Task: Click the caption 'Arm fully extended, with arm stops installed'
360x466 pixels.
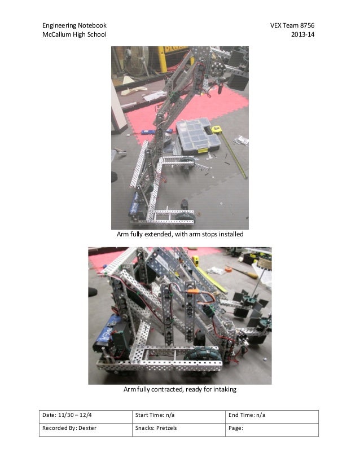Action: point(179,234)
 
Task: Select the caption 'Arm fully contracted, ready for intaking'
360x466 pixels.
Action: point(179,390)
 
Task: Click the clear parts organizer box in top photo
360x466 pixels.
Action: point(197,136)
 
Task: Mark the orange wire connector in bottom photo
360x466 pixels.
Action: point(193,292)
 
